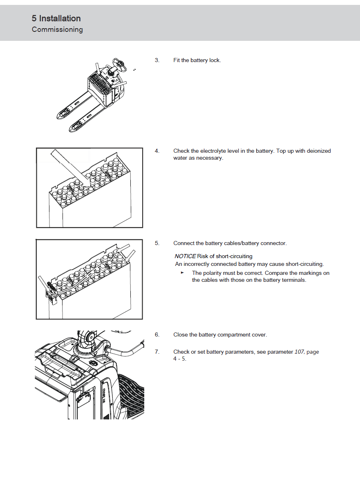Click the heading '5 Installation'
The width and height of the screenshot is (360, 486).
[x=56, y=18]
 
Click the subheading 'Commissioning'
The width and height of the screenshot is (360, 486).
[x=57, y=29]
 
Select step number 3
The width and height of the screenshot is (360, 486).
[x=157, y=60]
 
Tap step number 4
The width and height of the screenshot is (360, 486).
[x=157, y=151]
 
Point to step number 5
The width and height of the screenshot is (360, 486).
[x=157, y=243]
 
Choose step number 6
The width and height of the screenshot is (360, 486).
[x=157, y=335]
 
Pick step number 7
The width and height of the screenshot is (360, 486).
[x=157, y=352]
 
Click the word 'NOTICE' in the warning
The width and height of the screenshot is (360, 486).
[x=185, y=256]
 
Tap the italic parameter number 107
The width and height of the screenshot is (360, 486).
[x=299, y=352]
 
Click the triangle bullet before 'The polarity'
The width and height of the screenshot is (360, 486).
[x=182, y=273]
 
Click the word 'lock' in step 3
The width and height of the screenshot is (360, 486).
[x=215, y=60]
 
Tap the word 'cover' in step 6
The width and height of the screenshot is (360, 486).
[x=258, y=335]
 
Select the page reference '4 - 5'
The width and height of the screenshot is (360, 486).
[x=180, y=359]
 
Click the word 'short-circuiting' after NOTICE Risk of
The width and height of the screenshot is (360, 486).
[x=234, y=256]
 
